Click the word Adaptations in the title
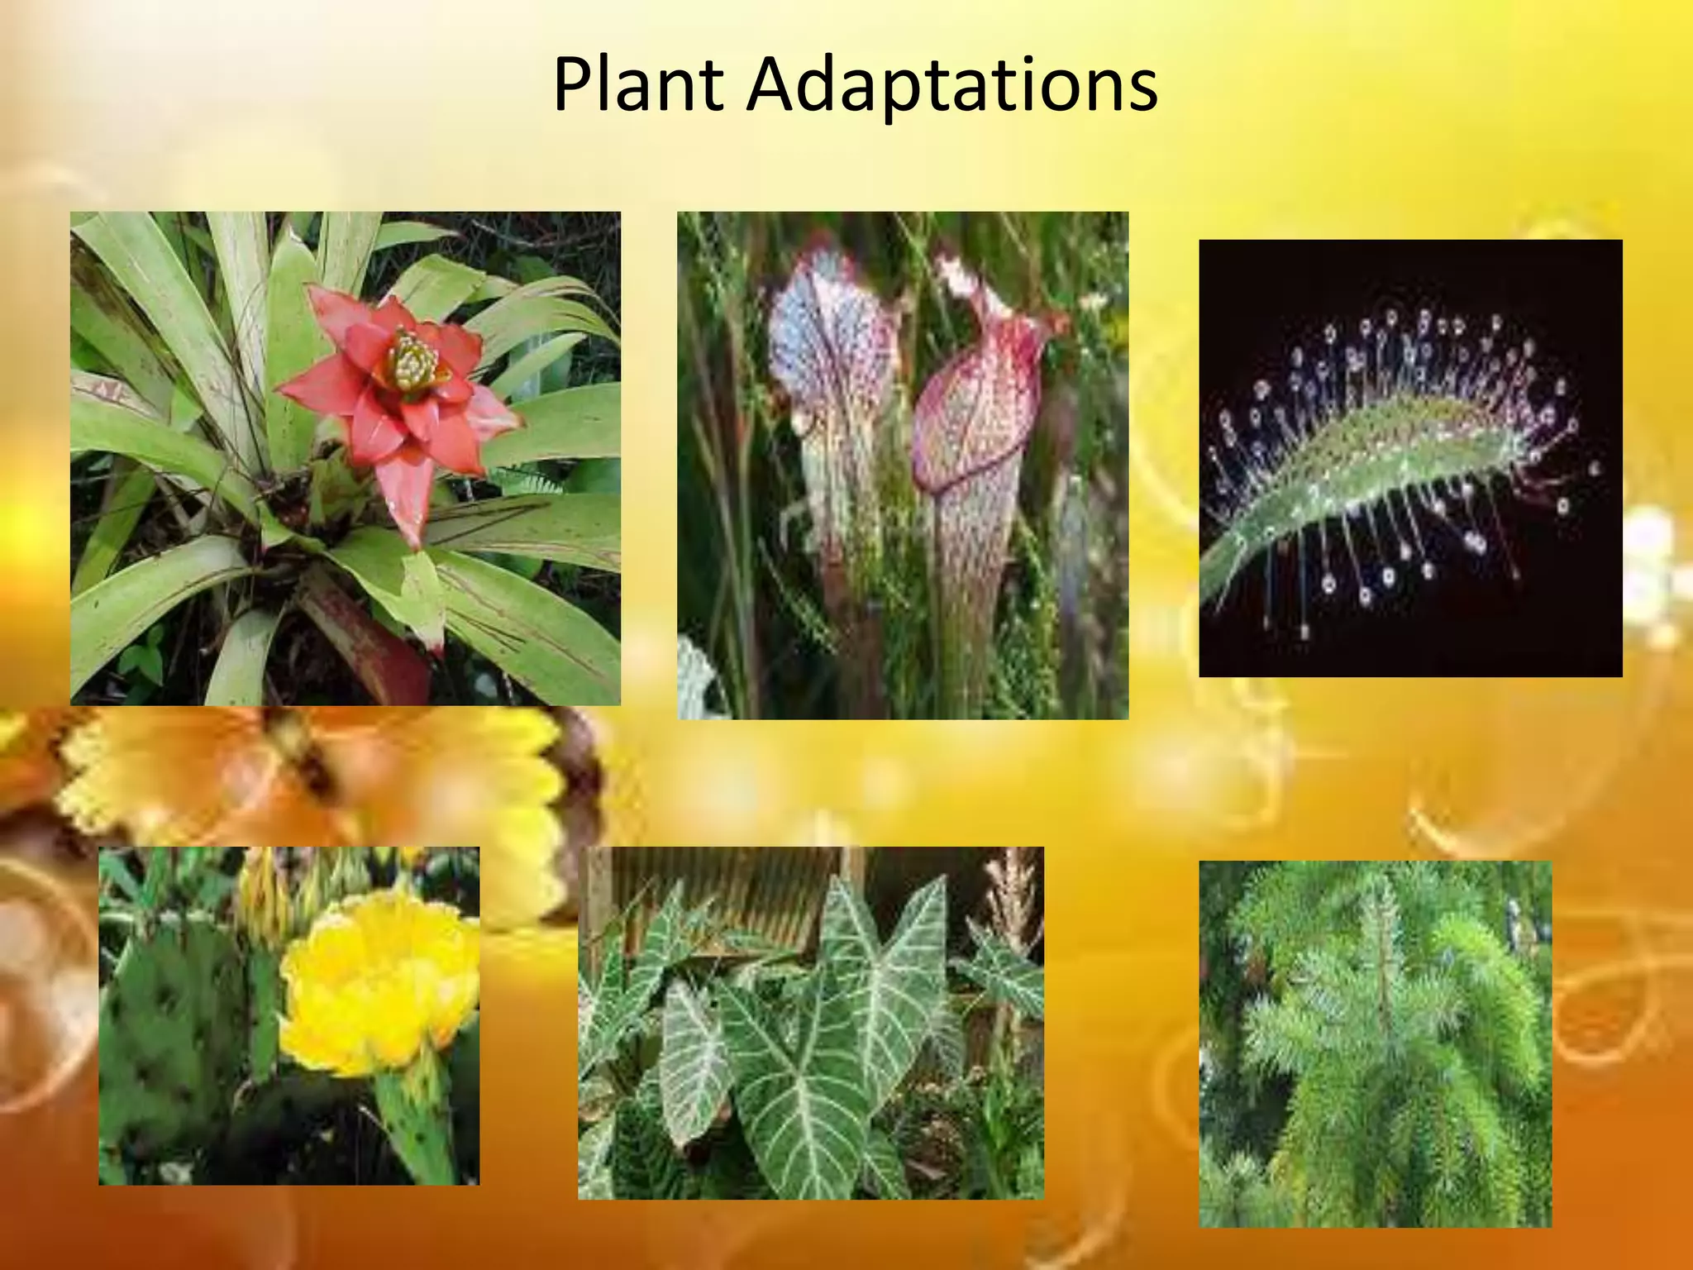pyautogui.click(x=951, y=86)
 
